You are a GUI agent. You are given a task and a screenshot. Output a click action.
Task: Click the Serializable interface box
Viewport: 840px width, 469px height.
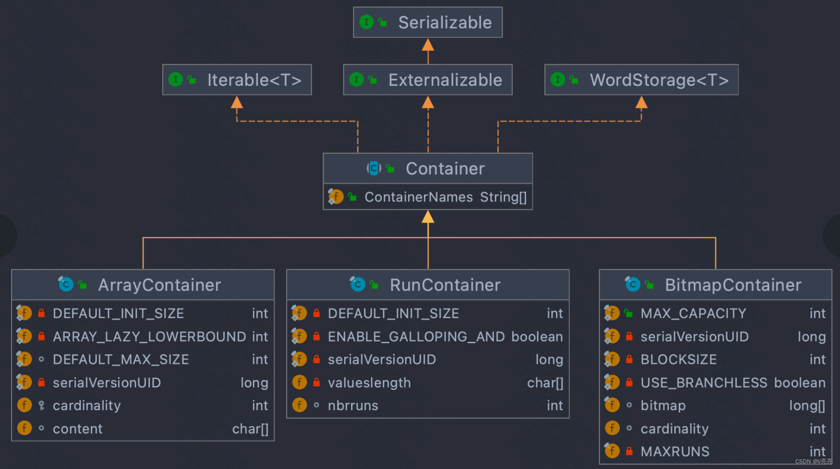click(427, 22)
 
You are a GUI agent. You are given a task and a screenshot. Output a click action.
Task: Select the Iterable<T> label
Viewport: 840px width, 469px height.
click(254, 80)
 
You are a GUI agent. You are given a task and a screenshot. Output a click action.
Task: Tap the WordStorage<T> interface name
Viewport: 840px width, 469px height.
click(659, 80)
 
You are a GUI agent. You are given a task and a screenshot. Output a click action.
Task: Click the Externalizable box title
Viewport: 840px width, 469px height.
click(445, 80)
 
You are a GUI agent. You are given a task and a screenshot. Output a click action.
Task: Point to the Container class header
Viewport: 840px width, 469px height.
click(444, 169)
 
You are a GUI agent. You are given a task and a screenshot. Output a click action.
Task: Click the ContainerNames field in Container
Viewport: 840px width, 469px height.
click(418, 197)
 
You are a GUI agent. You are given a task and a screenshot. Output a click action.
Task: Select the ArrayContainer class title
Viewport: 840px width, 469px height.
click(159, 285)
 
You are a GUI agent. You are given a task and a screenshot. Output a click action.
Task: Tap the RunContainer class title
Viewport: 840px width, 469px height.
click(445, 285)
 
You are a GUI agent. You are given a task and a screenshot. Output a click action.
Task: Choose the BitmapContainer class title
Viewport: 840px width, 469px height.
click(733, 285)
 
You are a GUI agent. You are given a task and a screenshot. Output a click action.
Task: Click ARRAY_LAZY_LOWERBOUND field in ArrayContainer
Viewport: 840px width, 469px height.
click(149, 337)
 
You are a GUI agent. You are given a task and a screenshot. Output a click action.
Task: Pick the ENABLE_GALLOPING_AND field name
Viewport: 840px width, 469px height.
click(416, 337)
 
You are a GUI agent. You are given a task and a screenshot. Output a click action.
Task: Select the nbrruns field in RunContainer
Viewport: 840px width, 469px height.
click(353, 406)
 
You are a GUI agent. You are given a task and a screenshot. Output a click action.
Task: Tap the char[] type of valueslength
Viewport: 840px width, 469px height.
click(545, 383)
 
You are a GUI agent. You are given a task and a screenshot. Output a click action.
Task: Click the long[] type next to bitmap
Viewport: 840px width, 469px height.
click(807, 406)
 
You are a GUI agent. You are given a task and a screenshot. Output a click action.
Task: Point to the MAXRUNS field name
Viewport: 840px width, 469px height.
click(675, 452)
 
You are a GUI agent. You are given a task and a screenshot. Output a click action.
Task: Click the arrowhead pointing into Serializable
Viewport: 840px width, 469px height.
click(428, 45)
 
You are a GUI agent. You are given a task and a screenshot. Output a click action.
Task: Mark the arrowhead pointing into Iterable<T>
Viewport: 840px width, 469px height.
click(237, 102)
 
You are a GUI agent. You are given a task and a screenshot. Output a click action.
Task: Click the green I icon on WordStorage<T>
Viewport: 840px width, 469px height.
click(557, 79)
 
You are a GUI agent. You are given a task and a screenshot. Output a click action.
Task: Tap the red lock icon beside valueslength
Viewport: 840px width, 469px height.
click(316, 382)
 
